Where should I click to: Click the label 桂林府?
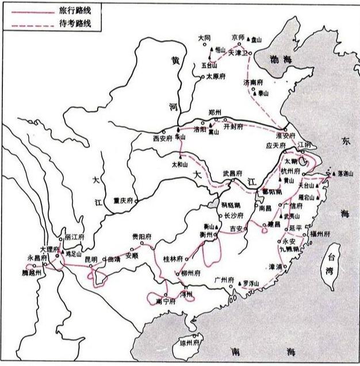[173, 259]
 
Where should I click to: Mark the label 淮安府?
[285, 136]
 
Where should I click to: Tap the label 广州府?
[221, 280]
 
